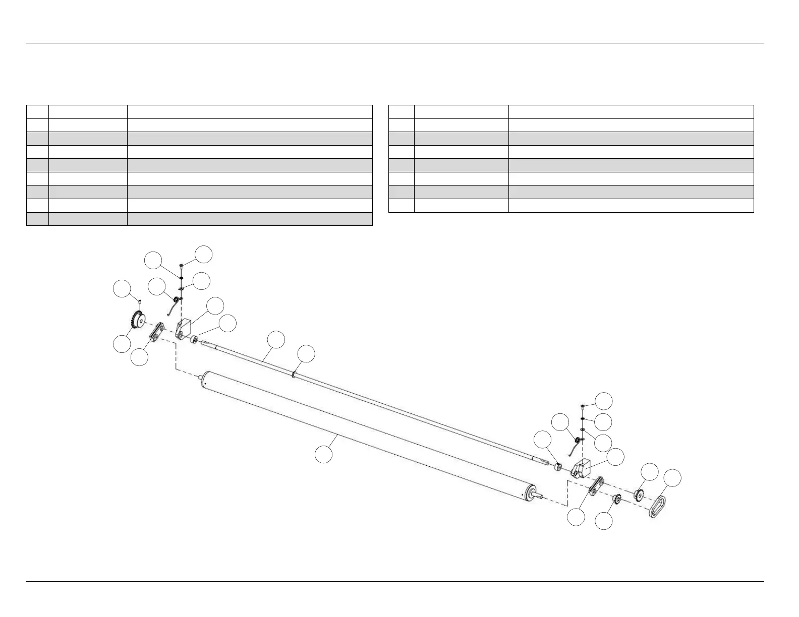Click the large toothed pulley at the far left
coord(136,320)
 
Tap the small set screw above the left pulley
coord(139,301)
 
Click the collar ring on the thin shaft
coord(293,374)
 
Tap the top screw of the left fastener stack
coord(181,265)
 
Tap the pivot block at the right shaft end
coord(581,468)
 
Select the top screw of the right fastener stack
coord(582,405)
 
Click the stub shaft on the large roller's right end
coord(539,496)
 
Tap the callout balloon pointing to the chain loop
coord(672,478)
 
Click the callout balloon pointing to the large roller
coord(324,454)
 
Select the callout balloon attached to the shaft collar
coord(306,354)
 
